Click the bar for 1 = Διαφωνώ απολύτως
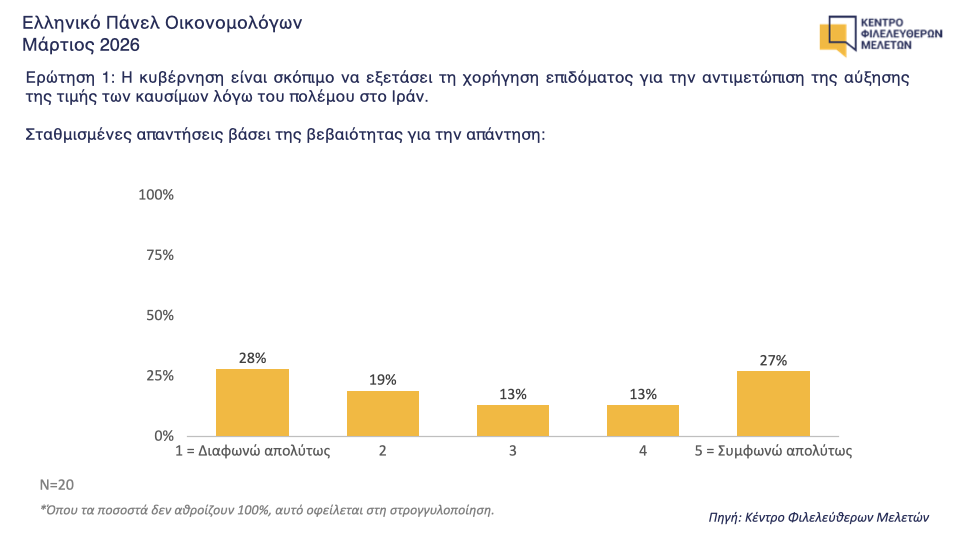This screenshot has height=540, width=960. pyautogui.click(x=252, y=402)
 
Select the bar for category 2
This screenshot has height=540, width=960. pyautogui.click(x=382, y=413)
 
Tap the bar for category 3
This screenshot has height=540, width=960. pyautogui.click(x=513, y=420)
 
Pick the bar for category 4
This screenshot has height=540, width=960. pyautogui.click(x=643, y=420)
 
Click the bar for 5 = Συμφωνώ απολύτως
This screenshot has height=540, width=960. pyautogui.click(x=773, y=403)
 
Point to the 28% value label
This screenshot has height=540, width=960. pyautogui.click(x=252, y=358)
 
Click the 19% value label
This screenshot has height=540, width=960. pyautogui.click(x=382, y=380)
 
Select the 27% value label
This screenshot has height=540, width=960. pyautogui.click(x=773, y=360)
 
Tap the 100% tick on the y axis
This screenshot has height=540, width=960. pyautogui.click(x=157, y=195)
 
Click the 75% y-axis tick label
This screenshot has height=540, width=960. pyautogui.click(x=160, y=255)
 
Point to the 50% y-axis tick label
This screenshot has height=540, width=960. pyautogui.click(x=160, y=315)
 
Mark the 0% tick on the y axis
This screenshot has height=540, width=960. pyautogui.click(x=164, y=436)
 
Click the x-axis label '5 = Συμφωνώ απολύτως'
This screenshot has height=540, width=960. pyautogui.click(x=773, y=451)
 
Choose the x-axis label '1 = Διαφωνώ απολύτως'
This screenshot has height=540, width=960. pyautogui.click(x=252, y=451)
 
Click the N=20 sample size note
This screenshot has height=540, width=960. pyautogui.click(x=56, y=485)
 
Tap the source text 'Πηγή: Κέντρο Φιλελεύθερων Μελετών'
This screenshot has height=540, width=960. pyautogui.click(x=818, y=517)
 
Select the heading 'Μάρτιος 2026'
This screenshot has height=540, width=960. pyautogui.click(x=81, y=45)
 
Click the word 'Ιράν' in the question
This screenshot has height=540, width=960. pyautogui.click(x=406, y=97)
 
